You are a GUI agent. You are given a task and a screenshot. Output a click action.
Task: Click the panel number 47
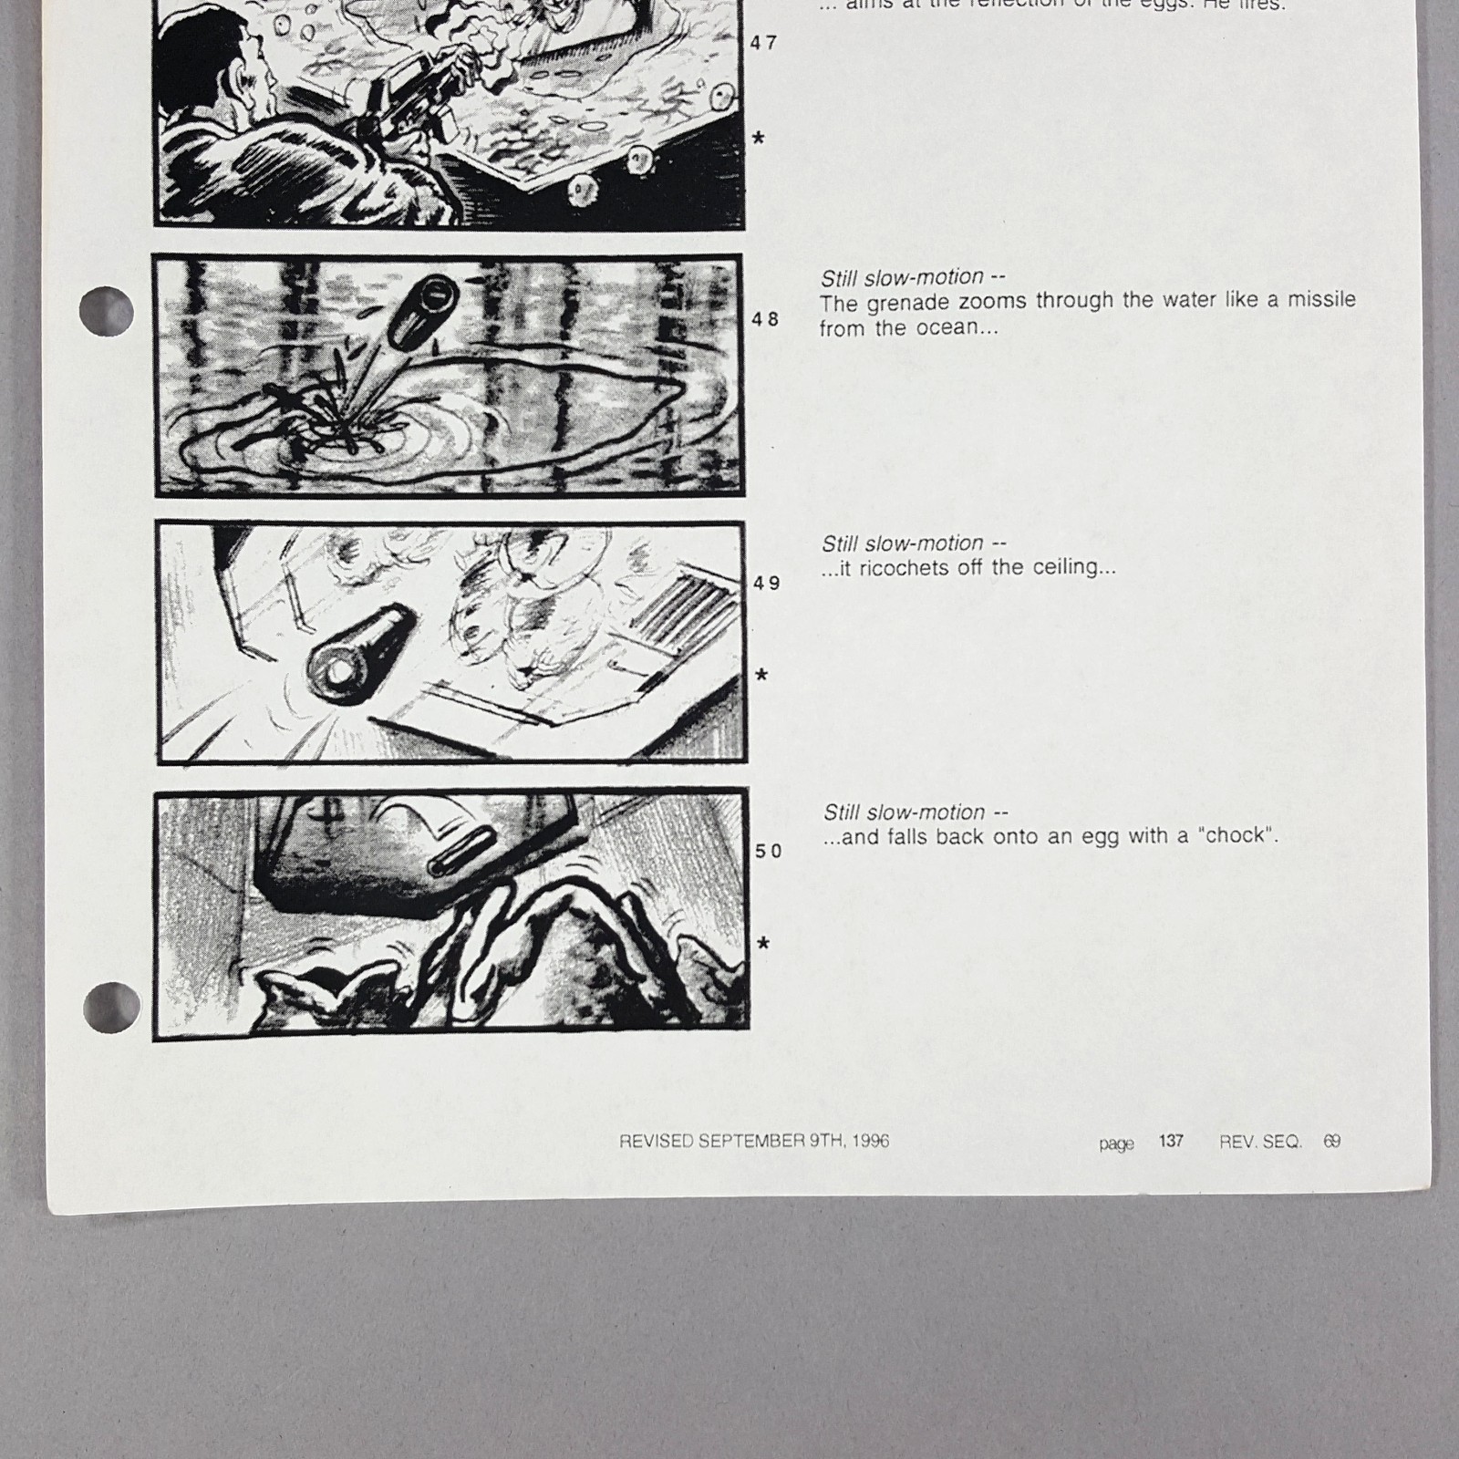(x=763, y=43)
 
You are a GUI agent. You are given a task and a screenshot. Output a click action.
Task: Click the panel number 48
(x=765, y=319)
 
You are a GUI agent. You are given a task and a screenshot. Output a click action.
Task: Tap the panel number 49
(x=767, y=584)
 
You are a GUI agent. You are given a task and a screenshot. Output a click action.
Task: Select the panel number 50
(x=769, y=851)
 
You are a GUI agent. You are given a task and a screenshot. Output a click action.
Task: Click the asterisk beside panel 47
(x=758, y=139)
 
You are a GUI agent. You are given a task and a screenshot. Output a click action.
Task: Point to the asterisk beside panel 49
(x=761, y=675)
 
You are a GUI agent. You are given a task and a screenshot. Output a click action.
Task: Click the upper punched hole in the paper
(x=107, y=311)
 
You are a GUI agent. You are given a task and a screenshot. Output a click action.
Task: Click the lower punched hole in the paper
(x=111, y=1006)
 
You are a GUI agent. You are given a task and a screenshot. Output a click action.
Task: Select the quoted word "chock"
(x=1237, y=835)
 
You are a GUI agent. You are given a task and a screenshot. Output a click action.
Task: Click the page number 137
(x=1171, y=1141)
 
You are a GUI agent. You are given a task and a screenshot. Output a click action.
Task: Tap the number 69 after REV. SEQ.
(x=1332, y=1141)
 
